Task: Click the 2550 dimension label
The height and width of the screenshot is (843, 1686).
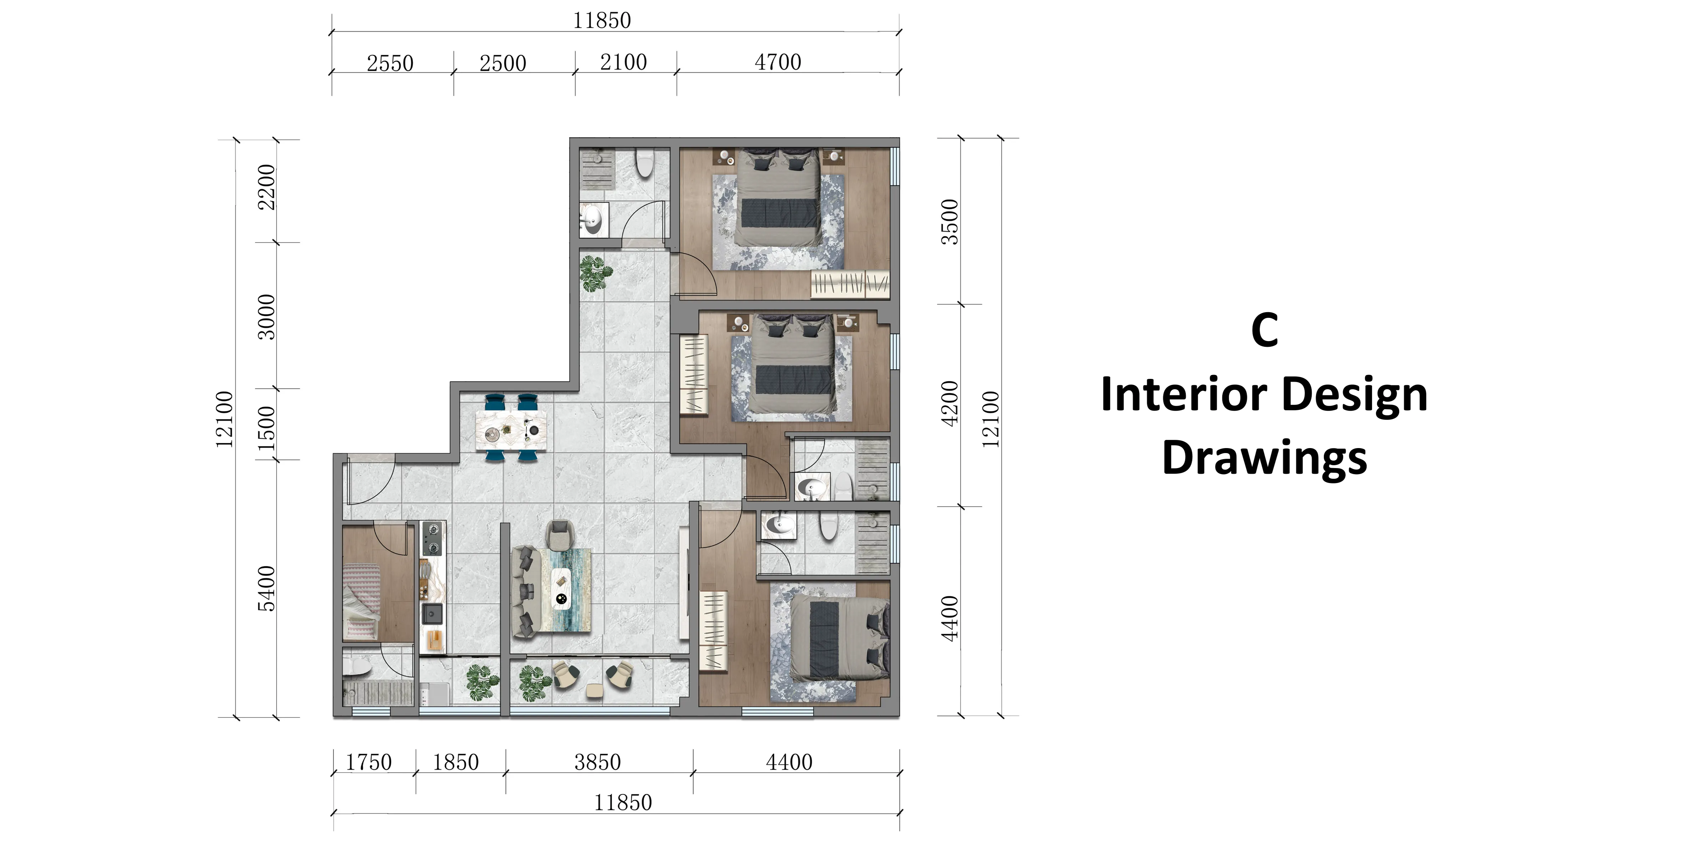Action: click(390, 64)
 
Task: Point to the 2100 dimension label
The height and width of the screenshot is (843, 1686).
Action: click(623, 62)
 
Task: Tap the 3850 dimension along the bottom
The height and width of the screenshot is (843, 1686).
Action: click(598, 762)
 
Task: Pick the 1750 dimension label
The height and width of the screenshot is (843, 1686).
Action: click(369, 762)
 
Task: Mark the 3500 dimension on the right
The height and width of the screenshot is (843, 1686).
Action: click(950, 222)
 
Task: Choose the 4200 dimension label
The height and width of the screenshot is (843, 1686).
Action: click(950, 403)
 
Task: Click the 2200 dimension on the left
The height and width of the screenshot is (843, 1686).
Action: click(267, 187)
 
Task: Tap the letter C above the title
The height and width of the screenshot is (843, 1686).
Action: click(1265, 330)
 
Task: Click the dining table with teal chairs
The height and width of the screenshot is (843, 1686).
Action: click(511, 428)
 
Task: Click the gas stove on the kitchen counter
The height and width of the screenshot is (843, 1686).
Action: click(432, 538)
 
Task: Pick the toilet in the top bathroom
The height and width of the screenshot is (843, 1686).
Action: click(645, 163)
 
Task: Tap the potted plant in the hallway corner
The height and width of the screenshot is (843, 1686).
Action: click(596, 274)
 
